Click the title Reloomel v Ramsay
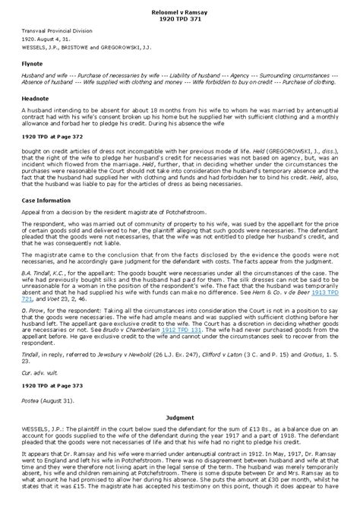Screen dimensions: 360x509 point(180,11)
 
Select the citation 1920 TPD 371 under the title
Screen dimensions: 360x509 point(180,18)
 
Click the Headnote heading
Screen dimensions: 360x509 point(35,97)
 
